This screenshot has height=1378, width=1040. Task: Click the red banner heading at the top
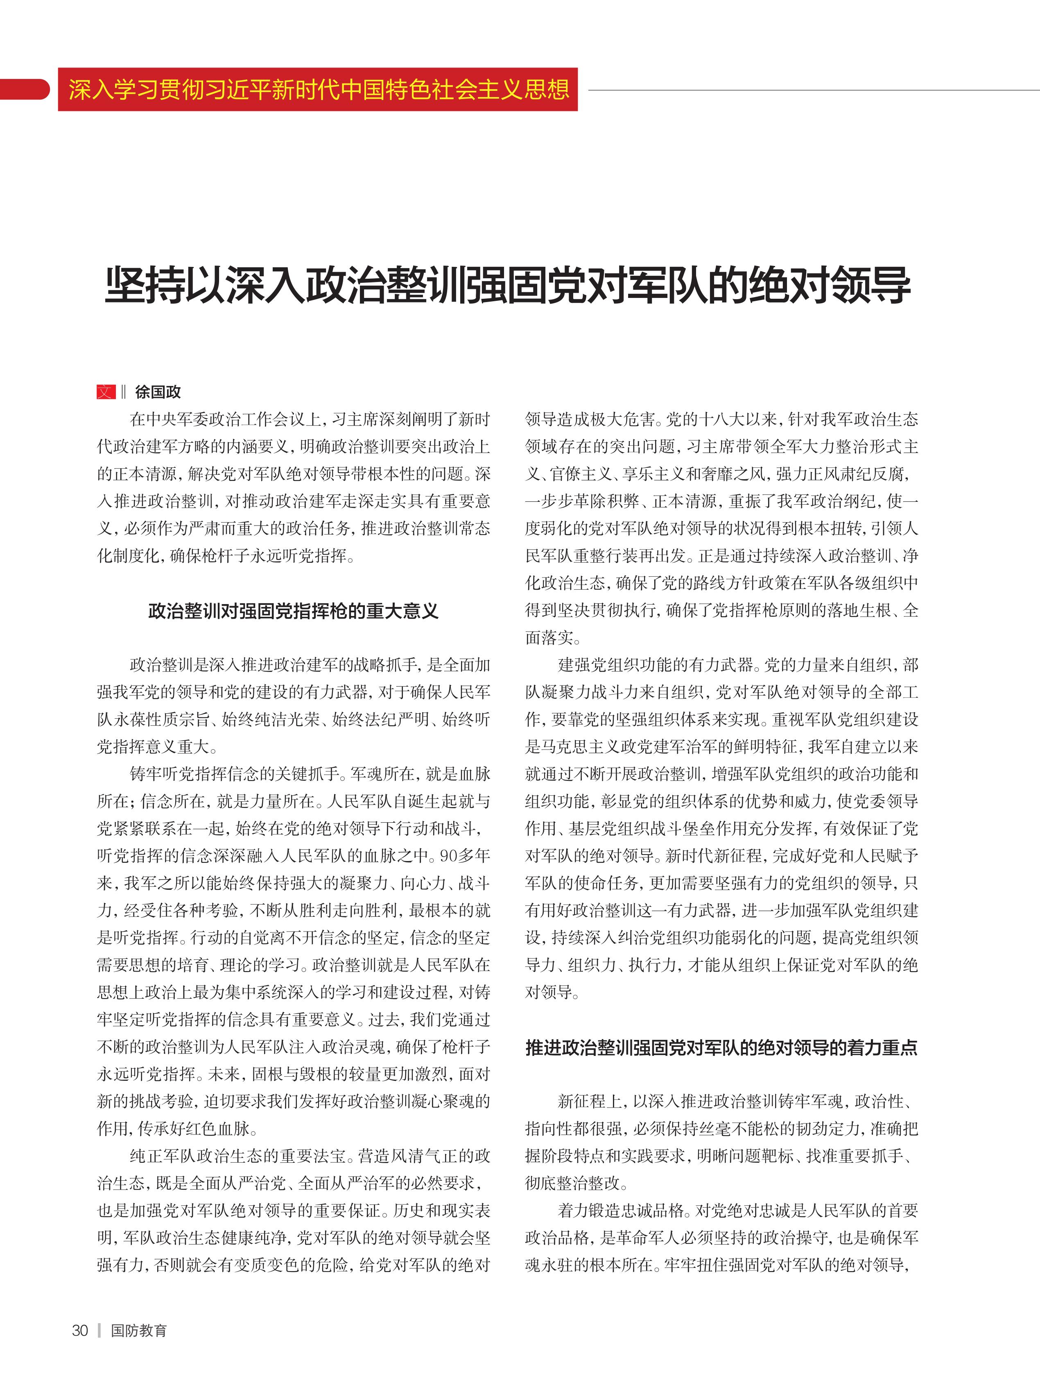[x=318, y=90]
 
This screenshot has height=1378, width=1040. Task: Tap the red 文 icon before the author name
[x=106, y=392]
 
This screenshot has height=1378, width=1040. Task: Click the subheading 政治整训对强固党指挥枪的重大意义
[x=293, y=611]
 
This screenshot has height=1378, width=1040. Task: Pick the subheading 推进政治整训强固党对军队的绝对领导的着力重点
[x=721, y=1048]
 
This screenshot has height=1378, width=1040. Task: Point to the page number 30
[x=80, y=1331]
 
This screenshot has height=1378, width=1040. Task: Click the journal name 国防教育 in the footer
[x=138, y=1331]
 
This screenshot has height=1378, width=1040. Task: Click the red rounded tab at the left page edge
[x=24, y=89]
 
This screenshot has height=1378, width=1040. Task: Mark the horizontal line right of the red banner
[x=810, y=90]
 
